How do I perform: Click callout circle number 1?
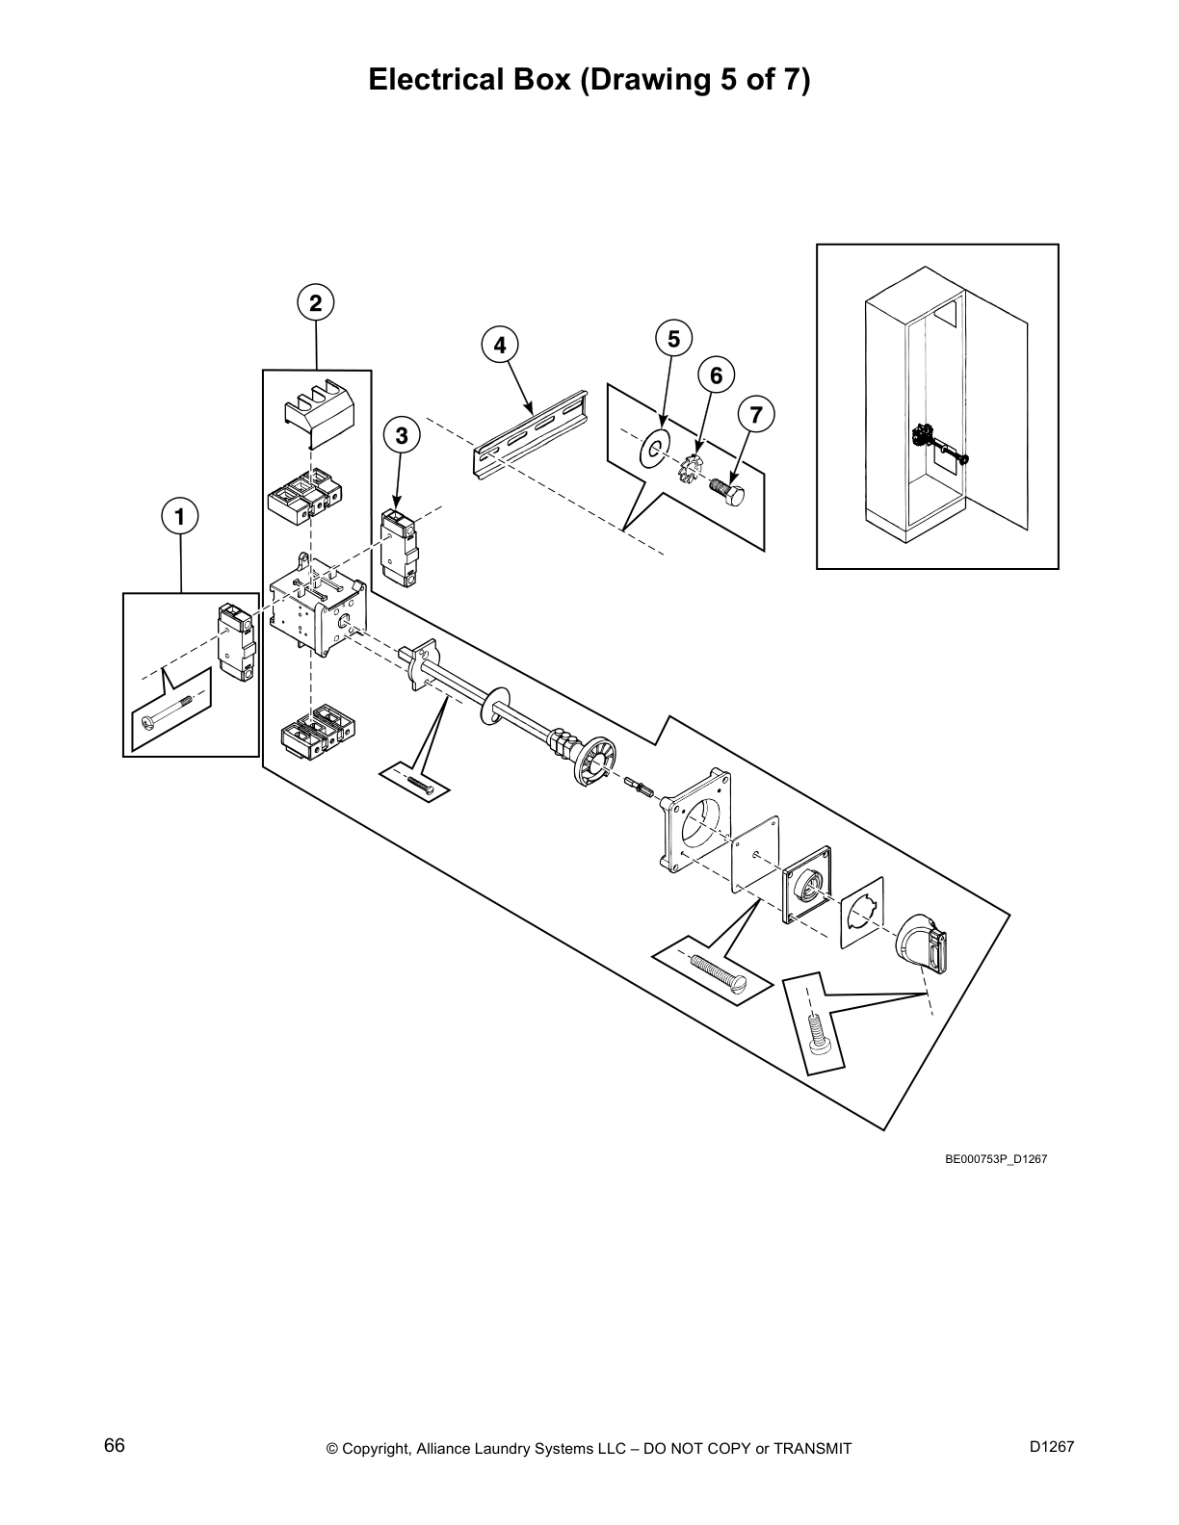click(180, 517)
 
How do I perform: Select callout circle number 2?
click(316, 303)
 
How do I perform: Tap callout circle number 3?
click(402, 436)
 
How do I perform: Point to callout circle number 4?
click(499, 345)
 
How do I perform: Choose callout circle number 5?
click(673, 339)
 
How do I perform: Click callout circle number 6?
click(716, 375)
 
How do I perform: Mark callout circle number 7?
click(755, 415)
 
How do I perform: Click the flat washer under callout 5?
click(654, 449)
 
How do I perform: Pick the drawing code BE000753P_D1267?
click(995, 1159)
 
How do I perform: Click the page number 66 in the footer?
click(115, 1446)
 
